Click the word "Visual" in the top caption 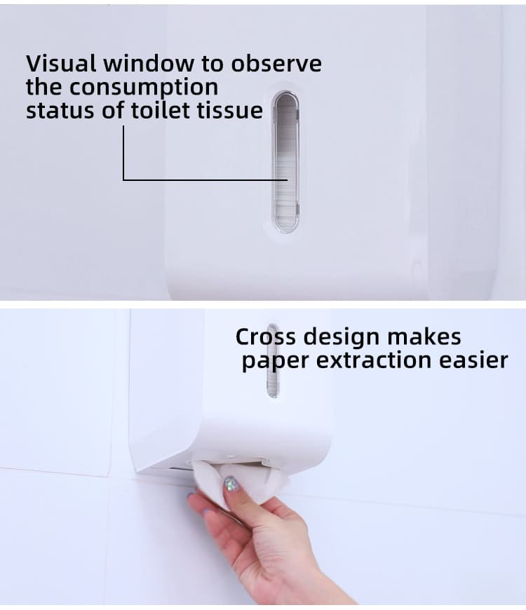click(62, 63)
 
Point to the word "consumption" click(144, 87)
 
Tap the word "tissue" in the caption click(229, 110)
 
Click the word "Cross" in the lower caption click(262, 337)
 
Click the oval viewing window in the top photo click(285, 162)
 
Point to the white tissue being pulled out click(263, 484)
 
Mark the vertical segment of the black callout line click(123, 152)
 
